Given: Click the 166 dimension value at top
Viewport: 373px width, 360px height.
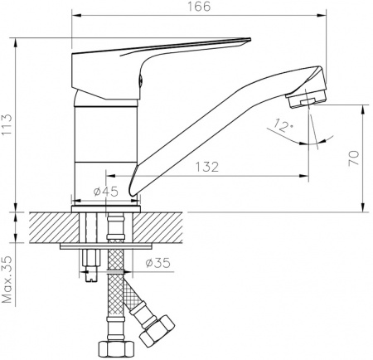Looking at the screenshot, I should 197,7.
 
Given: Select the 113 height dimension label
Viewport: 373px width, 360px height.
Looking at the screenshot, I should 7,124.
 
